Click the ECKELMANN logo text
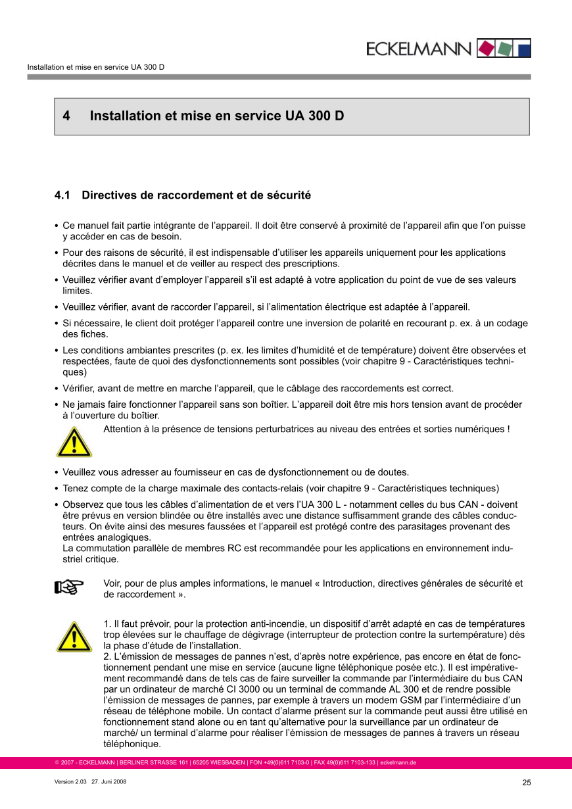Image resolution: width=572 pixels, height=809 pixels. [x=418, y=49]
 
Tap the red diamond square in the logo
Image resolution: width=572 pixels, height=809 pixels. [x=485, y=48]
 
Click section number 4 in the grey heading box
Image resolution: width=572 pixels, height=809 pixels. [x=66, y=116]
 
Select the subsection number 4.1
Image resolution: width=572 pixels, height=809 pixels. [x=62, y=195]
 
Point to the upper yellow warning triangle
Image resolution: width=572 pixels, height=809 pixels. [x=74, y=442]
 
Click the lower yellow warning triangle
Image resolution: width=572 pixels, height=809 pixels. [x=74, y=637]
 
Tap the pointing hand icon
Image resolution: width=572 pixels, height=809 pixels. [x=69, y=586]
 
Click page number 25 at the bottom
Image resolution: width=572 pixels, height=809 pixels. [x=527, y=782]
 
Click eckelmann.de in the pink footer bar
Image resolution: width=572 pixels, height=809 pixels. [x=398, y=763]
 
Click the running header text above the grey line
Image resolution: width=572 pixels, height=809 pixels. [x=95, y=67]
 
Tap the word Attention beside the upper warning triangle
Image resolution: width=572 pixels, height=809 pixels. [x=124, y=429]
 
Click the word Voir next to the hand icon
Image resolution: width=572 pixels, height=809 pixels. [x=113, y=583]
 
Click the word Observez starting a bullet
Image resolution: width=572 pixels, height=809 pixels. [x=84, y=504]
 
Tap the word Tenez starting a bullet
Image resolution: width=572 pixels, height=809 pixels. [x=76, y=488]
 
